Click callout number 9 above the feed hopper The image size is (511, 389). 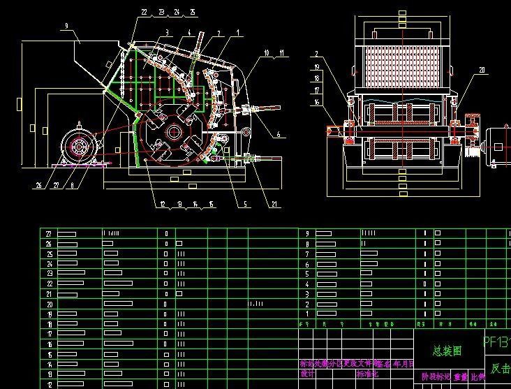[66, 26]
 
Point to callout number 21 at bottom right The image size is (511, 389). [274, 204]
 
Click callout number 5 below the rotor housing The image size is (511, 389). [245, 204]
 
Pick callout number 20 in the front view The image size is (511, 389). [482, 70]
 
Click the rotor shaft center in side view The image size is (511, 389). [173, 131]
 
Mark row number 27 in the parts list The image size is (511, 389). [48, 233]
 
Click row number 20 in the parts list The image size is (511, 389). [48, 304]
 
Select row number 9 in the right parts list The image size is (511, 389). [307, 233]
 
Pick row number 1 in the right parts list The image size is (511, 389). [307, 314]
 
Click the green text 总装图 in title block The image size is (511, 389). [447, 352]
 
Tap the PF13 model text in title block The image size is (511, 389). [497, 343]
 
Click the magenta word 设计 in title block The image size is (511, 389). [308, 374]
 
